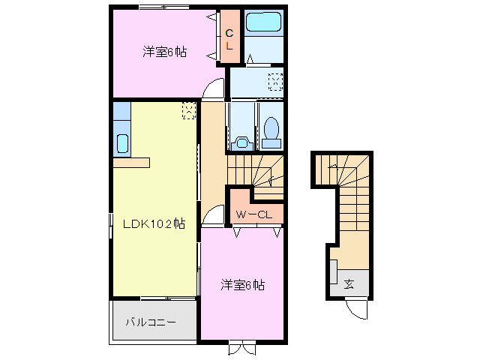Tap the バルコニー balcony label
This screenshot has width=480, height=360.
pos(150,322)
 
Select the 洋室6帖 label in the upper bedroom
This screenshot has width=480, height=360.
pos(165,52)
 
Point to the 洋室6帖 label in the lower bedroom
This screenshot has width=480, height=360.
pos(241,285)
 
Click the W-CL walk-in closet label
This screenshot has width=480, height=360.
pos(255,215)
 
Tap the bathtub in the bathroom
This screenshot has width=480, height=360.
pos(263,23)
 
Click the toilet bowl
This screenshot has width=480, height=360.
pos(272,131)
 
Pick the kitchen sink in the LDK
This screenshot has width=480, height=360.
pos(122,142)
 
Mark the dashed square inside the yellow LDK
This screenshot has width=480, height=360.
pos(189,110)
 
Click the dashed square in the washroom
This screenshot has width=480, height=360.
pos(275,81)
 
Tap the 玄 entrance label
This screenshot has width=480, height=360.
pos(349,284)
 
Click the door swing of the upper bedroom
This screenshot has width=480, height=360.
pos(216,88)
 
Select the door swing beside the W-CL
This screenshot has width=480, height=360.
pos(215,217)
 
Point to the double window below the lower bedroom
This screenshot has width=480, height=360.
pos(241,347)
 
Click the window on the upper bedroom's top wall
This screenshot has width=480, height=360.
pos(163,7)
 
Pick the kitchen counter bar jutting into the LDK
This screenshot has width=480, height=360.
pos(131,162)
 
